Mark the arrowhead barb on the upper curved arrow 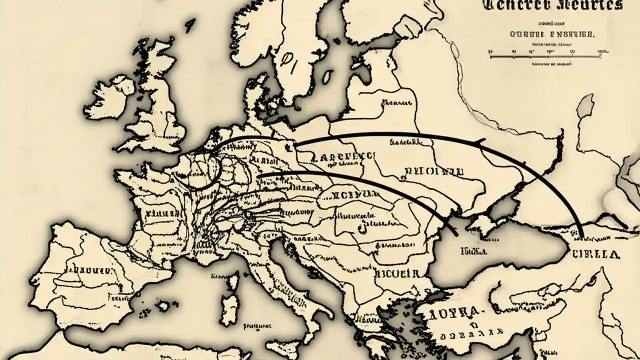click(481, 142)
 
